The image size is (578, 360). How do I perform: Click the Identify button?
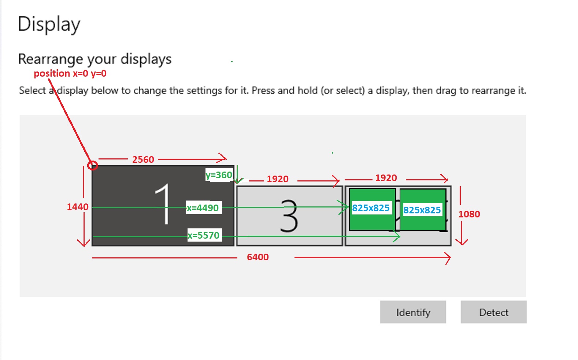413,312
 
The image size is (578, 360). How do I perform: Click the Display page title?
49,24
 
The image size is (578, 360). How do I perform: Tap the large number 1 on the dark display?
163,204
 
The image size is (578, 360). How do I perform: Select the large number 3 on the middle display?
289,216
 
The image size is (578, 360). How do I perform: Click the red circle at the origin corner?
93,165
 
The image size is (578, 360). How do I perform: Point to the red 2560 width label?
143,159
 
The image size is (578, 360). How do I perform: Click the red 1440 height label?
78,207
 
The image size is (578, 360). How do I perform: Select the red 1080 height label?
469,214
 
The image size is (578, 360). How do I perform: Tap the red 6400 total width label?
258,257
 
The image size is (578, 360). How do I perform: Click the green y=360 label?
219,175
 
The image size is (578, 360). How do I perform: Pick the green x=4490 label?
203,208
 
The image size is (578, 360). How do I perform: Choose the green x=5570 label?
204,235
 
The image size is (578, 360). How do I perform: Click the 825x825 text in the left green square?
371,208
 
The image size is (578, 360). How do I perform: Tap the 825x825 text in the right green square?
422,210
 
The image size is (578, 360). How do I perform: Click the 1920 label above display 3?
278,179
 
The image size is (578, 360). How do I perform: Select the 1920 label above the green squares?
386,178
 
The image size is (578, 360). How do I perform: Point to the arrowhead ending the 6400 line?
450,258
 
